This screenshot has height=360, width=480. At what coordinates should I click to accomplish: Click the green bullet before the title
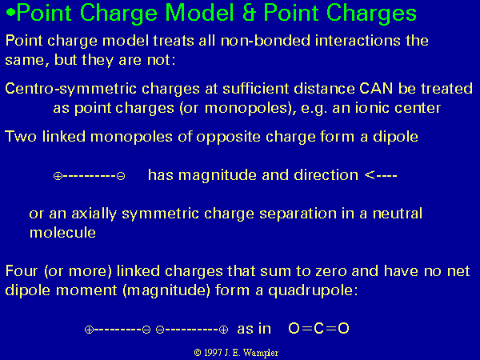[10, 13]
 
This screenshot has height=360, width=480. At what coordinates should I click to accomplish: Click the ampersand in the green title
[249, 13]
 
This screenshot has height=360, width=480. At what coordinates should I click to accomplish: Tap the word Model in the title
[199, 13]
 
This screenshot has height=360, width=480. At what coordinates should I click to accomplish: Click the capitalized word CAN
[376, 89]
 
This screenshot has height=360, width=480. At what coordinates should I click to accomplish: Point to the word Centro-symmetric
[70, 89]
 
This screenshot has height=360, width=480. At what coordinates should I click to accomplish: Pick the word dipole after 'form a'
[395, 137]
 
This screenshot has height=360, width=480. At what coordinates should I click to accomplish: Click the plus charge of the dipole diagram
[58, 176]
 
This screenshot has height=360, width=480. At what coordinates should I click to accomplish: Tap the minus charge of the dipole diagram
[121, 176]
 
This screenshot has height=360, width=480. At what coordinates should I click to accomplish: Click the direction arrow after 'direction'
[381, 175]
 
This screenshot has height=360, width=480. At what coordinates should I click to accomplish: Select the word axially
[94, 214]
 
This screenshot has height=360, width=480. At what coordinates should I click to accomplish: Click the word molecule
[62, 232]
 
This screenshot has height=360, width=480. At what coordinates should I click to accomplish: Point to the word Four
[22, 271]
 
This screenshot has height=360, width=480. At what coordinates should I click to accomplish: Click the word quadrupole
[313, 290]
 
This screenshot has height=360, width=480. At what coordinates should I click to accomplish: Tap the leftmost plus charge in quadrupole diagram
[89, 330]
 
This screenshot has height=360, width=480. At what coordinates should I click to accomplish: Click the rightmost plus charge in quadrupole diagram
[224, 330]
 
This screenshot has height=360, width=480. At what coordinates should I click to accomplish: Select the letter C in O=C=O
[318, 329]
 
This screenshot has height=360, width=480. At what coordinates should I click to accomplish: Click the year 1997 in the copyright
[213, 353]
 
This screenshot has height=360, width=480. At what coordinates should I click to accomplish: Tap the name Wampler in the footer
[263, 353]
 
